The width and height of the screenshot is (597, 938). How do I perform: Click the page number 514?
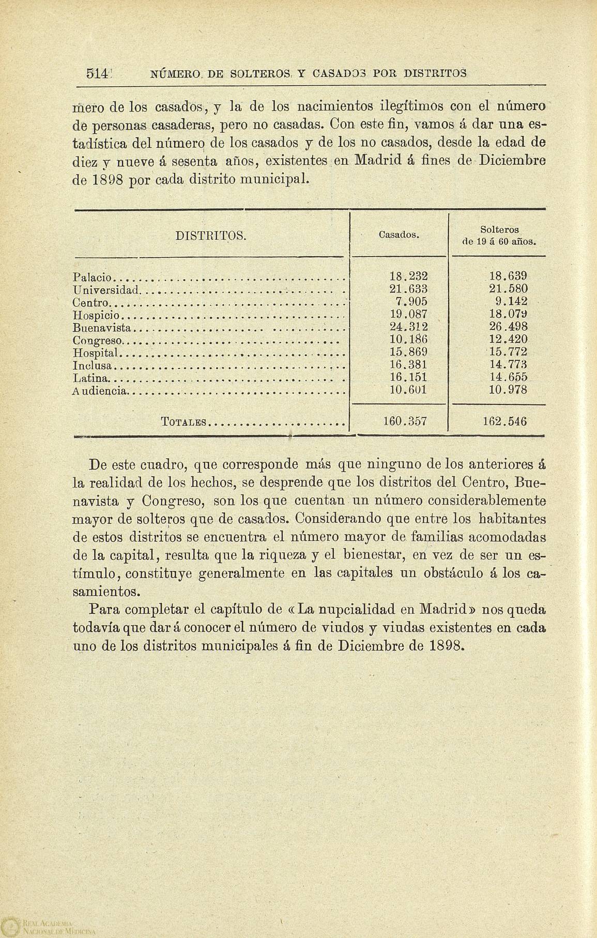coord(97,73)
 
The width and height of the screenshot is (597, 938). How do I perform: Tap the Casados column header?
coord(399,235)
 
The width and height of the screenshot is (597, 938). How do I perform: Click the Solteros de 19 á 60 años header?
coord(499,235)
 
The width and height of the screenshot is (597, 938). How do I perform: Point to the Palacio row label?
coord(91,277)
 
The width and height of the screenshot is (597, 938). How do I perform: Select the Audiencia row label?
coord(100,392)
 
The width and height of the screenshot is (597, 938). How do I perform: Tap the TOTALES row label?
coord(184,422)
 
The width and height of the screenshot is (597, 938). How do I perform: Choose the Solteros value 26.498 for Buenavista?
coord(508,327)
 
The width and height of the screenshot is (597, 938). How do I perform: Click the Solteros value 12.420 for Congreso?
coord(508,340)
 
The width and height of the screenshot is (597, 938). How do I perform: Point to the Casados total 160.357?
coord(405,421)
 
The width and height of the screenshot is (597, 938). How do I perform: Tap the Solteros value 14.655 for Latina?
coord(508,378)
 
